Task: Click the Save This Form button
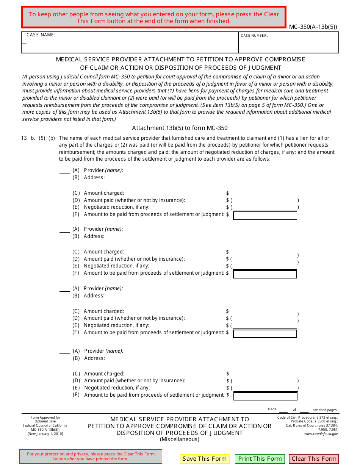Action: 204,459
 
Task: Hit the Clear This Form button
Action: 314,459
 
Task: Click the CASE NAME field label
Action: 41,35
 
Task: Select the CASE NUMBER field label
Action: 254,36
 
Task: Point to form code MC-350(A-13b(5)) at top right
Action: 313,27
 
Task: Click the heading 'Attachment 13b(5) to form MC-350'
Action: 180,128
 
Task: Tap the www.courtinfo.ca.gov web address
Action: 321,434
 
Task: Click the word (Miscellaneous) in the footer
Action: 179,439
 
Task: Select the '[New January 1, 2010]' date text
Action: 45,434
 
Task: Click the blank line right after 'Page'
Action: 283,410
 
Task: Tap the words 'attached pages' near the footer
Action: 324,410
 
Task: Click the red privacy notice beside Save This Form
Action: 91,457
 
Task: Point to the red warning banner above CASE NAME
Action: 154,17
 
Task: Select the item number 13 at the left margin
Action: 24,138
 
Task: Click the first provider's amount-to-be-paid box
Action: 265,216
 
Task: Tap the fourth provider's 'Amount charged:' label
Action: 104,374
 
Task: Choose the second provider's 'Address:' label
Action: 94,236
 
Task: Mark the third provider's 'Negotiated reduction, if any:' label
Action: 116,325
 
